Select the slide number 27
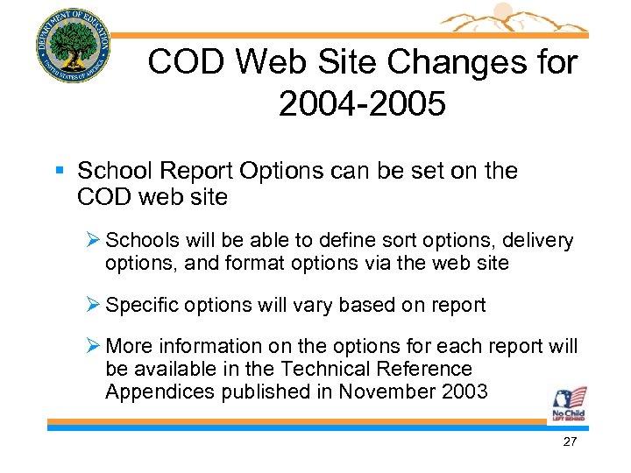[x=570, y=442]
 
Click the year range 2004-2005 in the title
[x=363, y=104]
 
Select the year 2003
[x=464, y=391]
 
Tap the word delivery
[x=541, y=240]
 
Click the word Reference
[x=421, y=369]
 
